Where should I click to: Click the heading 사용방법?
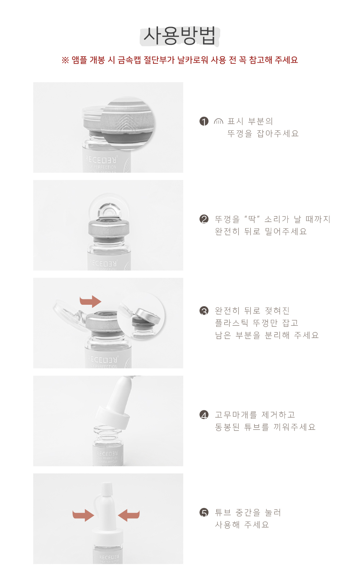(179, 36)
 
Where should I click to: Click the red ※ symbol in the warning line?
(65, 60)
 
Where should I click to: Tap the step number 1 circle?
(204, 121)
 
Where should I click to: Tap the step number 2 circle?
(204, 219)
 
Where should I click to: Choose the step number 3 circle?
(204, 311)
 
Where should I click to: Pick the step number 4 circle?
(204, 415)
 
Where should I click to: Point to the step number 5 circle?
(204, 513)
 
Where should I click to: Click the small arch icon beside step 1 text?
(219, 121)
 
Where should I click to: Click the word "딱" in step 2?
(252, 219)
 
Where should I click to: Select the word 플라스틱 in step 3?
(231, 323)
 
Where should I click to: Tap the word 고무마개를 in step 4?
(236, 415)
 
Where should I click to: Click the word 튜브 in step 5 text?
(223, 513)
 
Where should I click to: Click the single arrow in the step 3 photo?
(90, 301)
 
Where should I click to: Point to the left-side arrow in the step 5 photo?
(83, 515)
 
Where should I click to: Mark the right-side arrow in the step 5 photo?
(129, 515)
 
